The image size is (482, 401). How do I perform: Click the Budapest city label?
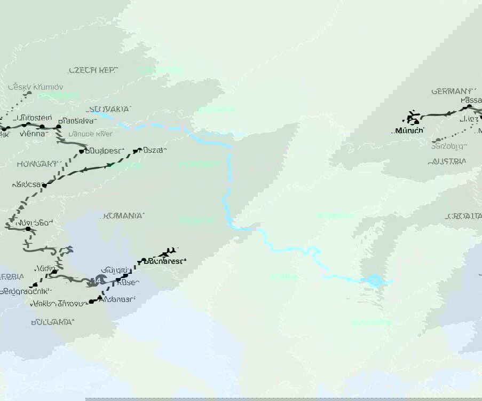[105, 151]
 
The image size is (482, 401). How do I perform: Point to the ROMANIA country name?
[123, 216]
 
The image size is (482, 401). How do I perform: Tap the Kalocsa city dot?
[45, 185]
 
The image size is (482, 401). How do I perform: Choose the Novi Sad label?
[35, 222]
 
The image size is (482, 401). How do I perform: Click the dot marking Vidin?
[54, 272]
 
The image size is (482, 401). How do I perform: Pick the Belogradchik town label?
[26, 292]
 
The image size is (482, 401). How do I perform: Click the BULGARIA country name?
[52, 322]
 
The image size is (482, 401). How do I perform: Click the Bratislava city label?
[77, 121]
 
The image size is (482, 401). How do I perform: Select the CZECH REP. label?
[93, 70]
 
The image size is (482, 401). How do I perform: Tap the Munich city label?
[409, 130]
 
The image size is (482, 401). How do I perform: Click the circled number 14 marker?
[99, 280]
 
